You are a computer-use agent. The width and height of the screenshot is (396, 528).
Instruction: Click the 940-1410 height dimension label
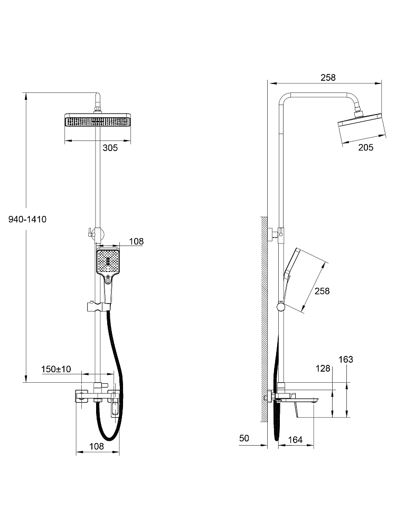(x=27, y=219)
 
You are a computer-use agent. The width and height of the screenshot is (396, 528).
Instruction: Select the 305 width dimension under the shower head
(x=110, y=147)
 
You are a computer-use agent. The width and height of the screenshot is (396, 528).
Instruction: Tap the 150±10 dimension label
(x=56, y=369)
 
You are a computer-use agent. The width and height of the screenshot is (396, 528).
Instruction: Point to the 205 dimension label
(x=366, y=147)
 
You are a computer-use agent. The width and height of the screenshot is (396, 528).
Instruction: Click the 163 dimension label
(x=345, y=359)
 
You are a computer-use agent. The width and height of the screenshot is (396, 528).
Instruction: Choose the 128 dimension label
(x=323, y=369)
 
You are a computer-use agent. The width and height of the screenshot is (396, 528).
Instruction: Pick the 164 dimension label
(x=295, y=439)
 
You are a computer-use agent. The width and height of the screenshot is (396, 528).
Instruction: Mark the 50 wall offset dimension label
(x=244, y=438)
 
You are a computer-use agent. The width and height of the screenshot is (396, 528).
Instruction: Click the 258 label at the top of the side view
(x=328, y=78)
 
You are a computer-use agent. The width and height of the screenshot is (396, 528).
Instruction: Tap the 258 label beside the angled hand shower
(x=322, y=291)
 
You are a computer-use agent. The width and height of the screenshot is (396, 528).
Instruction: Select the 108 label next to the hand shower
(x=136, y=241)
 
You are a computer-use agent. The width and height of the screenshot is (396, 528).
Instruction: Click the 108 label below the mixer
(x=97, y=446)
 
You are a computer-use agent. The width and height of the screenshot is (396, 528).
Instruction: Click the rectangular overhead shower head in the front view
(x=98, y=120)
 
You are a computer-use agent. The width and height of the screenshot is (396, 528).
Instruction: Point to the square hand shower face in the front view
(x=108, y=262)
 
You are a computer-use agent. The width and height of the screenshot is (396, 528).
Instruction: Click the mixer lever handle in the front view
(x=115, y=404)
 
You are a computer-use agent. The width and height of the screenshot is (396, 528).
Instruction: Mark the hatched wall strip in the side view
(x=263, y=319)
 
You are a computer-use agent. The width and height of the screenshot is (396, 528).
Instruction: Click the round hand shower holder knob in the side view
(x=280, y=306)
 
